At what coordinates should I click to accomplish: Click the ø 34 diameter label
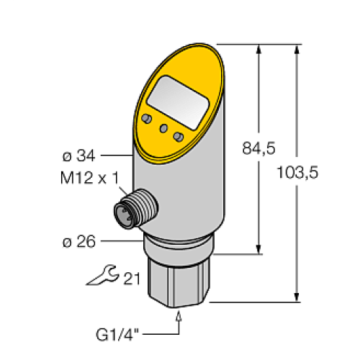click(x=80, y=154)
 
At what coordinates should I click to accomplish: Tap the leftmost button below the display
click(x=148, y=118)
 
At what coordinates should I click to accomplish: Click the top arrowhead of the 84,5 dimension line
click(x=258, y=48)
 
